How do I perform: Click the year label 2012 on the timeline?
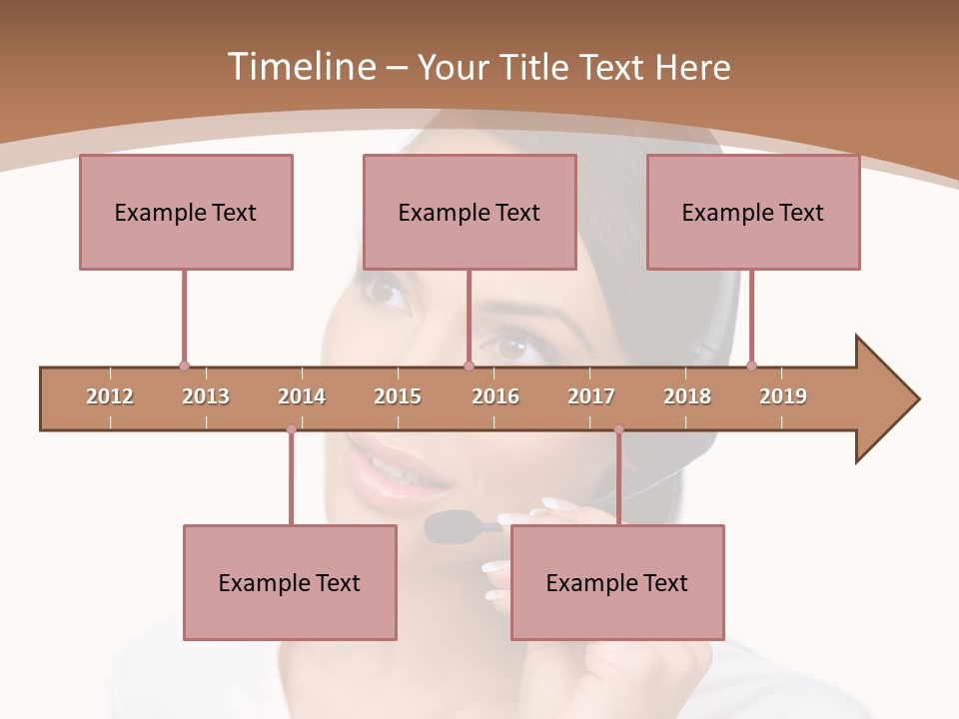(110, 396)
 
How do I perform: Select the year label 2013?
(206, 396)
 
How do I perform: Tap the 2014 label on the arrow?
(302, 396)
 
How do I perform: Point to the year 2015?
(398, 396)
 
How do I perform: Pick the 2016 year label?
(495, 396)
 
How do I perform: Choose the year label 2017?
(591, 396)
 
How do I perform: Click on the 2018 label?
(687, 396)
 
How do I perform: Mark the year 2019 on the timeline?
(783, 396)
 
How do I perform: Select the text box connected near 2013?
(186, 212)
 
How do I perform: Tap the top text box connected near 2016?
(470, 212)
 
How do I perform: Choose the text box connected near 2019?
(753, 212)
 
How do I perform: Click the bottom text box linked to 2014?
(290, 582)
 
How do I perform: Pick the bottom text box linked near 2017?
(617, 582)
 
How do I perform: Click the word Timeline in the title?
(299, 67)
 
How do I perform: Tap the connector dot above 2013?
(184, 365)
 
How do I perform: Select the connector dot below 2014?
(291, 429)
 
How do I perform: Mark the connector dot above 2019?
(751, 365)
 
